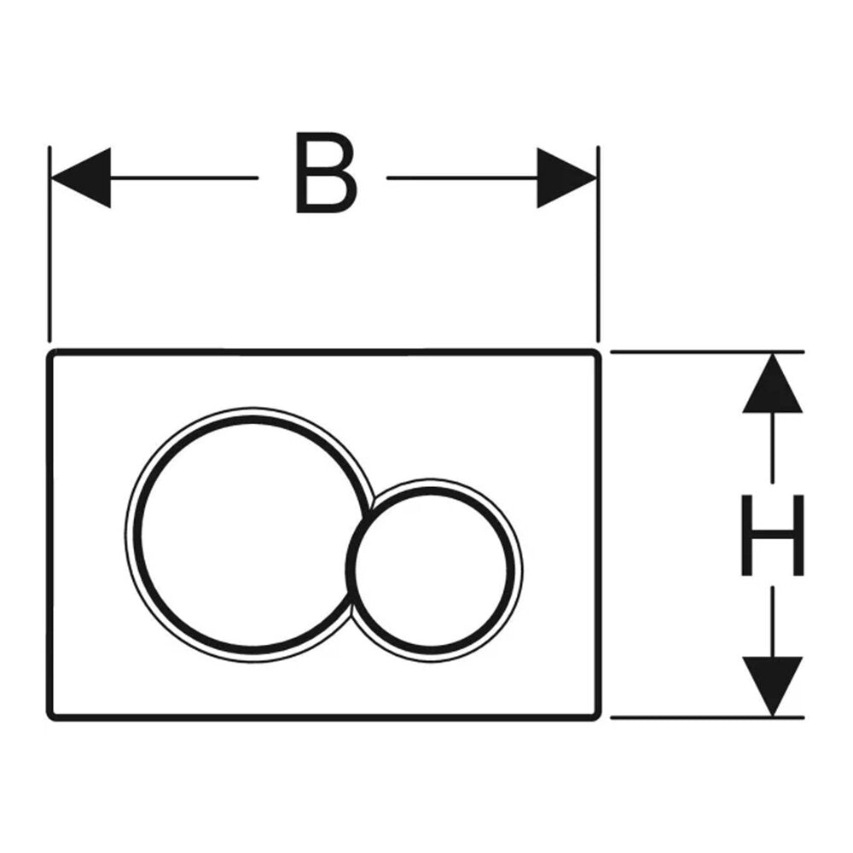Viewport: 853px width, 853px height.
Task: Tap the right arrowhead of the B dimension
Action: (x=567, y=178)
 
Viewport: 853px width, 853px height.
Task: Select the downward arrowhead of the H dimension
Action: (x=773, y=687)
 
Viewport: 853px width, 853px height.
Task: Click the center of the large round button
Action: (x=250, y=534)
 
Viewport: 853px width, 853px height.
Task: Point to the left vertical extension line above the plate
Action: (x=49, y=244)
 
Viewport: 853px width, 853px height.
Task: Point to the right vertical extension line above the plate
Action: (x=598, y=244)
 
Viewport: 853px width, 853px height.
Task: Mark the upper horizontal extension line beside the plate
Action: (x=707, y=352)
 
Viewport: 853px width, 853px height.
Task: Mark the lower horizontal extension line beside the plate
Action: (x=707, y=717)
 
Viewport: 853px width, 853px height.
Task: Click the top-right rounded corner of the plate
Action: (x=597, y=354)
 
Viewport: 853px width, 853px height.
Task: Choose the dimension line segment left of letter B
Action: (x=184, y=178)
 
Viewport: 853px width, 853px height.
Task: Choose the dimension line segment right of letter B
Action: (x=462, y=178)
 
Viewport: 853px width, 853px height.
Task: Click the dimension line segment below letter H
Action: (x=773, y=622)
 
